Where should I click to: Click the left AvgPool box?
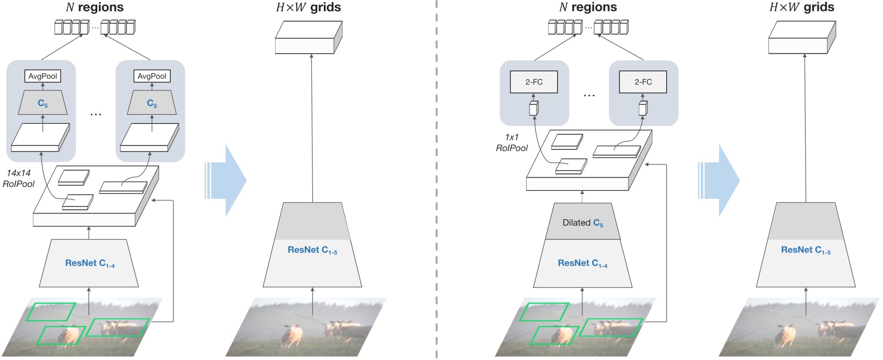pyautogui.click(x=43, y=76)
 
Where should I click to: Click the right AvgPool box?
pyautogui.click(x=152, y=76)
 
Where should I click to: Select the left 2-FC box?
pyautogui.click(x=534, y=82)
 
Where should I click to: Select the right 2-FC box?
pyautogui.click(x=643, y=82)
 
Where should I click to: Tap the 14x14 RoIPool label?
pyautogui.click(x=18, y=178)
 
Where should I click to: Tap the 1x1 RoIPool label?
pyautogui.click(x=512, y=142)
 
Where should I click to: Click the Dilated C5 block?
pyautogui.click(x=582, y=223)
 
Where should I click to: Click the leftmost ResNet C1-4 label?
pyautogui.click(x=90, y=263)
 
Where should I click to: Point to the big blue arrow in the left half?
pyautogui.click(x=228, y=180)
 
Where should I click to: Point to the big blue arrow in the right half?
pyautogui.click(x=721, y=180)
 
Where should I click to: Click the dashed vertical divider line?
pyautogui.click(x=436, y=179)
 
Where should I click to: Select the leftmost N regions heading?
pyautogui.click(x=95, y=7)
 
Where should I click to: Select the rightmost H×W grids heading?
pyautogui.click(x=802, y=7)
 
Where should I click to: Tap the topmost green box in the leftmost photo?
pyautogui.click(x=51, y=311)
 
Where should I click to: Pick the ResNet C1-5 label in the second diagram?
pyautogui.click(x=312, y=250)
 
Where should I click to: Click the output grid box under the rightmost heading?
pyautogui.click(x=802, y=38)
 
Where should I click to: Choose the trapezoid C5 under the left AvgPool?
pyautogui.click(x=43, y=103)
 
